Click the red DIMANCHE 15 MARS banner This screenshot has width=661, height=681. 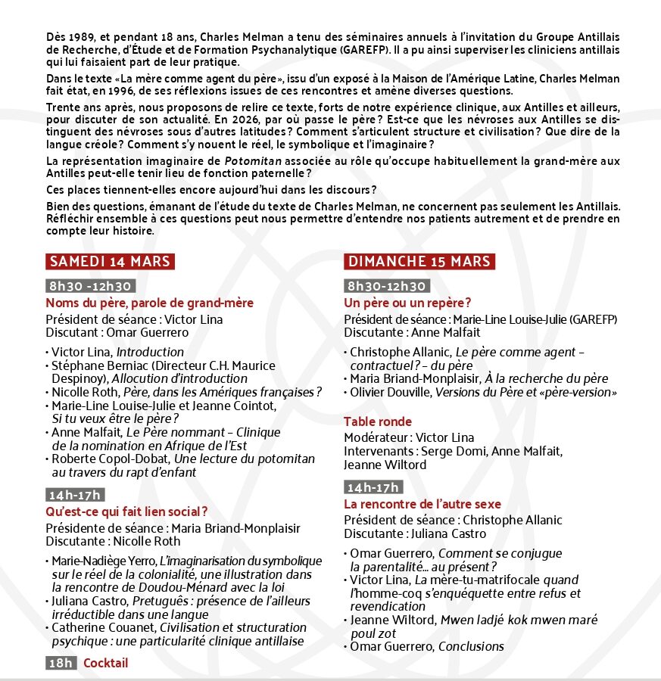[x=419, y=262]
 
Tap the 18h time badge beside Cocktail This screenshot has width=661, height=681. [x=61, y=664]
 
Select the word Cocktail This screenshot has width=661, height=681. [x=105, y=664]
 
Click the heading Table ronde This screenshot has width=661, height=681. [x=378, y=421]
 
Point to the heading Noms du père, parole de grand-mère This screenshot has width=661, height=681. [x=149, y=303]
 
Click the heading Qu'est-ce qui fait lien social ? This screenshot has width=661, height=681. [x=126, y=512]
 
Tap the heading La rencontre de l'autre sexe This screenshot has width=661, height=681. [x=422, y=504]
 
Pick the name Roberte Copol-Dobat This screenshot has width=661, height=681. [x=98, y=459]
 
